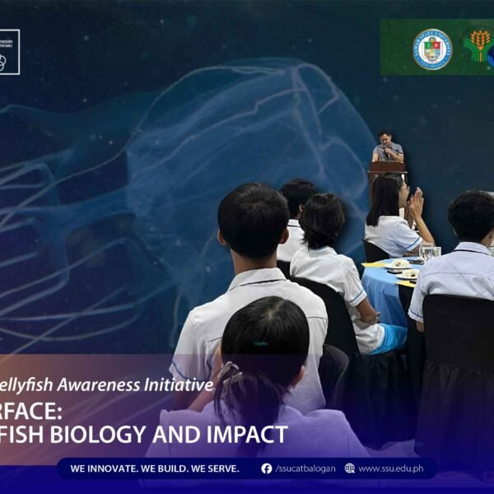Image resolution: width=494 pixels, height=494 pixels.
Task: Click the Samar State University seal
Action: click(432, 49)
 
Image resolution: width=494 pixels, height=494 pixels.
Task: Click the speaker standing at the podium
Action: click(387, 147)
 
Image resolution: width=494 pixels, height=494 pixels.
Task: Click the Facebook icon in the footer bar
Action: click(267, 468)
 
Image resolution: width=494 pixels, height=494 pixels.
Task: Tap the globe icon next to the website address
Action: click(350, 468)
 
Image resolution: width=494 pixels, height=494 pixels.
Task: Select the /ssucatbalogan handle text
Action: click(305, 468)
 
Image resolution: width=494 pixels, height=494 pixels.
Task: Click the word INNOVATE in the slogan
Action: click(119, 468)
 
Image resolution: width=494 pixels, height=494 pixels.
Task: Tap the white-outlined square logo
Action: click(7, 52)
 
